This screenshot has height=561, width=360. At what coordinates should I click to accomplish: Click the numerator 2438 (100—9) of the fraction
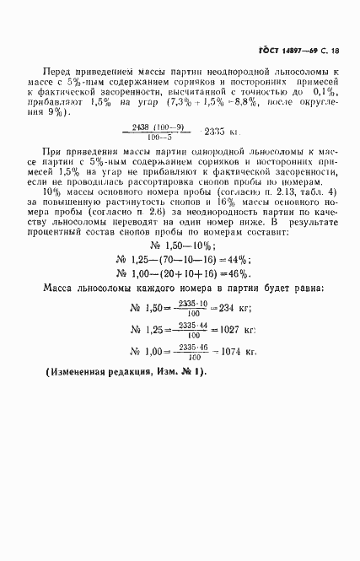[163, 127]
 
